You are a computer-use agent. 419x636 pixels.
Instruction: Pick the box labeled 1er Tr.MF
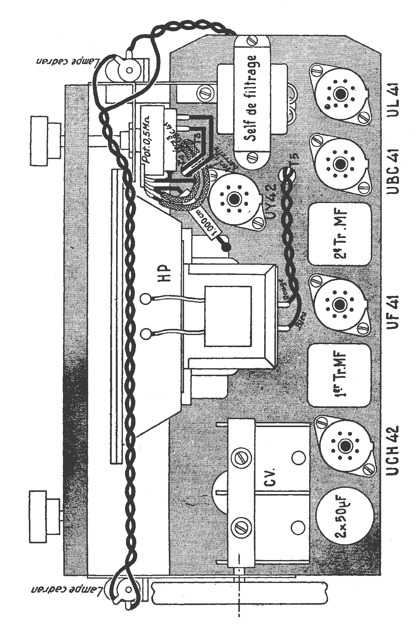point(339,375)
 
